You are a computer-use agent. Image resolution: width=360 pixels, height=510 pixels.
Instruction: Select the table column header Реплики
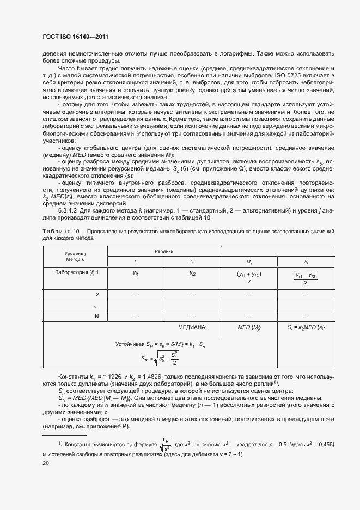(x=163, y=252)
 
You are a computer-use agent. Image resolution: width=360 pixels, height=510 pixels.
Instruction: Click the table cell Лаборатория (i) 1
(x=75, y=272)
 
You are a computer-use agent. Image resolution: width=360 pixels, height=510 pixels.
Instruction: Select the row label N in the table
(x=97, y=316)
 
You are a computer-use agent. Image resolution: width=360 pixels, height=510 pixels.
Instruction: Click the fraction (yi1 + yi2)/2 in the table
(x=249, y=277)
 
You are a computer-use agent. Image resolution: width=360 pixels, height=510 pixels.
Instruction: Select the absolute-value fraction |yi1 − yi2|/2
(x=305, y=277)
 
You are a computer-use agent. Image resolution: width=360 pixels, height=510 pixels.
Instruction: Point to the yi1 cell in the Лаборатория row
(x=136, y=272)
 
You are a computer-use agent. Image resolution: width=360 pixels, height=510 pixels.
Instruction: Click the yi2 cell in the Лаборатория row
(x=192, y=272)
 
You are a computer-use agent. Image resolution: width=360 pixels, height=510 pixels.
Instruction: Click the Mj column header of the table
(x=249, y=262)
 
